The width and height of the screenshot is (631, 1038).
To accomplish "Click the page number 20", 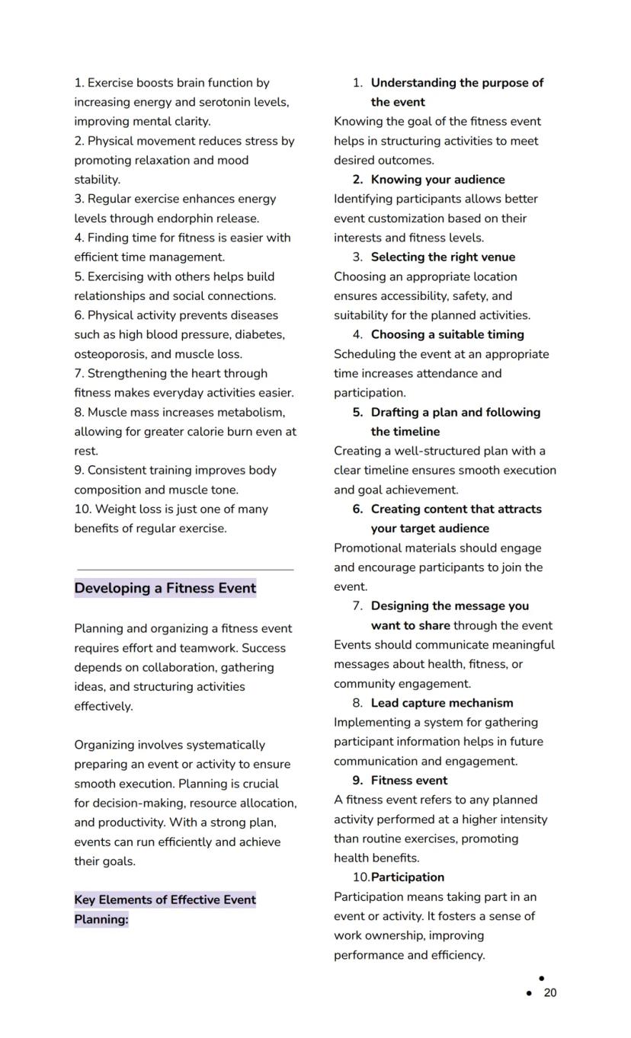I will point(550,992).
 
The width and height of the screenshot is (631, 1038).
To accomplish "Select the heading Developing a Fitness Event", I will point(165,588).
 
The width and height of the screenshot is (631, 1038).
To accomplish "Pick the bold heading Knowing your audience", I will point(437,180).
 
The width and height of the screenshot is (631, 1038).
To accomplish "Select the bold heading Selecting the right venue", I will point(443,257).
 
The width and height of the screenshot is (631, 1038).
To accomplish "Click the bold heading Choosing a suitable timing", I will point(447,334).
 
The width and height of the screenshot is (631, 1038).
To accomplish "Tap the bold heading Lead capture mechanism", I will point(442,703).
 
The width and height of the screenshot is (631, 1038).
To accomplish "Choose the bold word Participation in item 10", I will point(408,877).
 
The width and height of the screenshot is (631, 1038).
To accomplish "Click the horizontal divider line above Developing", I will point(185,569).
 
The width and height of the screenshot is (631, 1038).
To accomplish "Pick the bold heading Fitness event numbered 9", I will point(408,781).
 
